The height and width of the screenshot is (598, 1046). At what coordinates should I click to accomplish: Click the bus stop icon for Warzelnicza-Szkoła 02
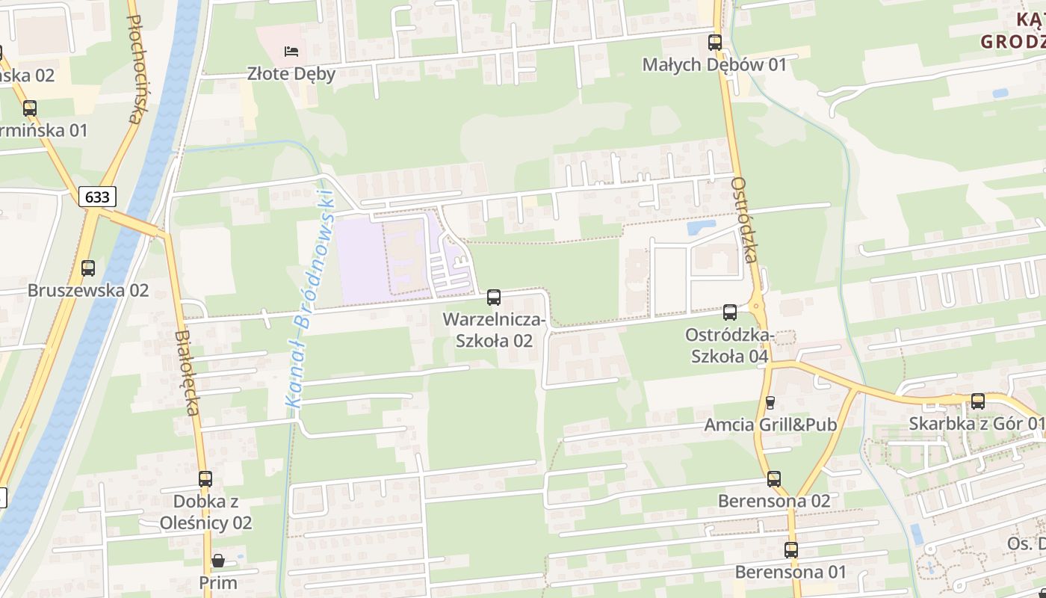(x=494, y=298)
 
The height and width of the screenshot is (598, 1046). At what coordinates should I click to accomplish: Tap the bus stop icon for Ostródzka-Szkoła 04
(x=730, y=312)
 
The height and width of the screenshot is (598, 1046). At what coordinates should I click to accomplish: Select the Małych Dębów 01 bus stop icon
(x=715, y=43)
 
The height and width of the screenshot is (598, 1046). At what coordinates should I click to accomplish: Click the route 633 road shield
(x=97, y=197)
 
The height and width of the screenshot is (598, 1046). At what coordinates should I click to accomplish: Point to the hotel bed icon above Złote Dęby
(x=291, y=52)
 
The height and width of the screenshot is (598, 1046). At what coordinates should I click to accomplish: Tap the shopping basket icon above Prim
(x=218, y=561)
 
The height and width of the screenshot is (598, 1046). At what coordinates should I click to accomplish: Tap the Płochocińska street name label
(x=134, y=67)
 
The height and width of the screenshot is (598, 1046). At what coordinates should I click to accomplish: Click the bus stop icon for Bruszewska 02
(x=88, y=268)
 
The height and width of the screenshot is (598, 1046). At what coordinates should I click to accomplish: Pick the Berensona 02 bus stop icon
(x=774, y=479)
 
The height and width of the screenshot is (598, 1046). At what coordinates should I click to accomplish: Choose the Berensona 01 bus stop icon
(x=791, y=551)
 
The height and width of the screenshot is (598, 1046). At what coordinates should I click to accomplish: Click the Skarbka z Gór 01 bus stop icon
(x=977, y=401)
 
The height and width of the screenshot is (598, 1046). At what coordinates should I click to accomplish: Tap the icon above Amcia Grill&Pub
(x=770, y=403)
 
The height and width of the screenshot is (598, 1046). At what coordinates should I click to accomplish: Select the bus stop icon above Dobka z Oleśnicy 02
(x=205, y=479)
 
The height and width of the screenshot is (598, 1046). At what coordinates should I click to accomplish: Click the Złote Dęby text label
(x=291, y=74)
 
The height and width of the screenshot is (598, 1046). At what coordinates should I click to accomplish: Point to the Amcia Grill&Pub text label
(x=770, y=425)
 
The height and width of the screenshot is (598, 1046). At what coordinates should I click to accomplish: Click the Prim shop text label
(x=218, y=582)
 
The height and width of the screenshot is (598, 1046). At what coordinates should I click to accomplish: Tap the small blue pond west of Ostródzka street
(x=700, y=226)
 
